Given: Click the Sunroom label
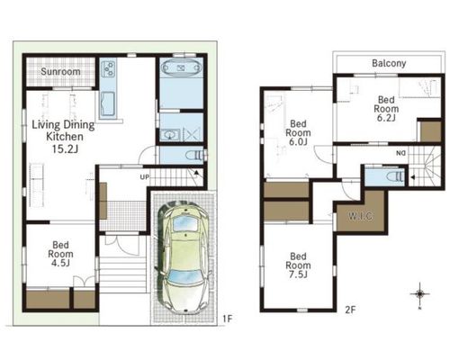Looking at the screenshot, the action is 60,72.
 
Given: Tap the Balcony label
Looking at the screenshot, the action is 389,63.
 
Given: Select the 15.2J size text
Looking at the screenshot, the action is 65,148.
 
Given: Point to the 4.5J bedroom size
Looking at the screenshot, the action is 60,263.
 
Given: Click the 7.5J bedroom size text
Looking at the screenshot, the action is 298,274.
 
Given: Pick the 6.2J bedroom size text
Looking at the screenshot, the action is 386,118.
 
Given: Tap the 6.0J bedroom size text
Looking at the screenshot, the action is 298,141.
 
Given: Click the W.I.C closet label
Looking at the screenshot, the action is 361,216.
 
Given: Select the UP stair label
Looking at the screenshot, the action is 144,177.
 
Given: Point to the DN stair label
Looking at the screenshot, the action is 400,153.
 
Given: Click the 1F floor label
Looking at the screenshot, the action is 228,319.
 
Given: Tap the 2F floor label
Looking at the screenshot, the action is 350,310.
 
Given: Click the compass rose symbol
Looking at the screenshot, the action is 419,294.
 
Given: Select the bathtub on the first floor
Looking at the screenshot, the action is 181,67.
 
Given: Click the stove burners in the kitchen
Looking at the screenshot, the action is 109,68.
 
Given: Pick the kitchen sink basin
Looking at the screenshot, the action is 108,103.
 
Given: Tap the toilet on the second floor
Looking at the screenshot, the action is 396,176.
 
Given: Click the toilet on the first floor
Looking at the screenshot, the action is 194,156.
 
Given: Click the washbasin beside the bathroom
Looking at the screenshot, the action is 170,134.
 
